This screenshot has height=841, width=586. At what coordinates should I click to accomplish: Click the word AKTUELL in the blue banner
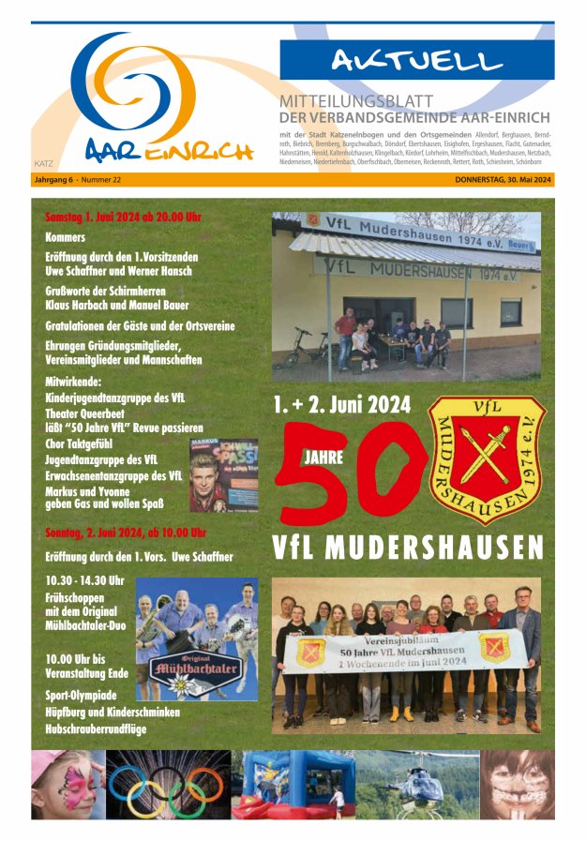(x=416, y=62)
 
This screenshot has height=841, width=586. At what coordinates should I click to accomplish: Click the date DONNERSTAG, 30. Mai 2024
(x=503, y=179)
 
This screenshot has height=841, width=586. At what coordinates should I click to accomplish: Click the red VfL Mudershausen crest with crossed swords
(x=487, y=458)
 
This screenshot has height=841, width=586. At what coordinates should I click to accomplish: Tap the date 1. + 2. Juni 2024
(x=342, y=405)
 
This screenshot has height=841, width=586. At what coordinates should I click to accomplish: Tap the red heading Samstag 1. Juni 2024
(x=123, y=218)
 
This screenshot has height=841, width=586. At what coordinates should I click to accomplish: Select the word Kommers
(x=65, y=237)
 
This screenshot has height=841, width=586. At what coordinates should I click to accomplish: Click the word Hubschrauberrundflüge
(x=96, y=728)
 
